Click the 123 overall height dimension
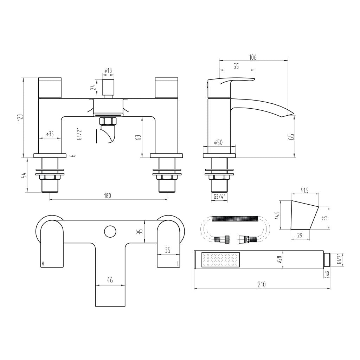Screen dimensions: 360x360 [20, 117]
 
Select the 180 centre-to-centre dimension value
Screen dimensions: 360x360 [108, 196]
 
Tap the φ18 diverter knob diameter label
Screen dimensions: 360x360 [108, 71]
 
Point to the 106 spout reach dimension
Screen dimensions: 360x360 [253, 57]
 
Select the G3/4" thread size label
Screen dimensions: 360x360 [219, 197]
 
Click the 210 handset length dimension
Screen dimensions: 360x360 [261, 285]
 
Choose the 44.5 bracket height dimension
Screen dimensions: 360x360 [277, 215]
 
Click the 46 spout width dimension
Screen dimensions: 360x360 [110, 280]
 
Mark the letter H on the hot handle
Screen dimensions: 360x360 [43, 263]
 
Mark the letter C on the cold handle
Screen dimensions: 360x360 [178, 263]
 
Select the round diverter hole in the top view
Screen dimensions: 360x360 [110, 231]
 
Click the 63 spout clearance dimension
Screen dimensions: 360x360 [139, 137]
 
